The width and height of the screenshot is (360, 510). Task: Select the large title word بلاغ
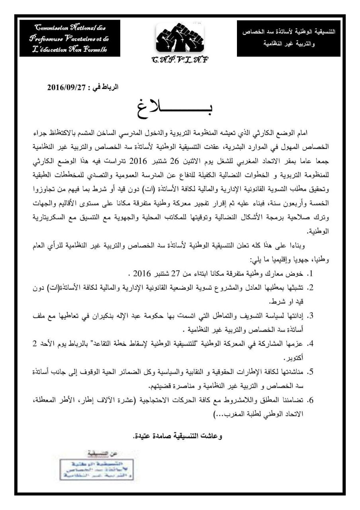176,107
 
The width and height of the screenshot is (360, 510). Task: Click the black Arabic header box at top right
289,38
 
